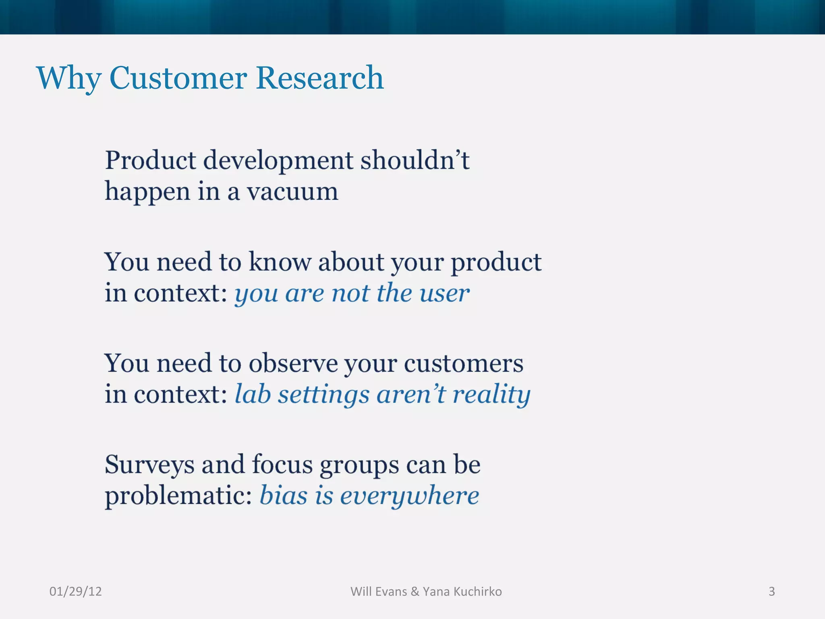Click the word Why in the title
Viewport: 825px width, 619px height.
click(68, 78)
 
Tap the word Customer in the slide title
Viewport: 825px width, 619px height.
click(178, 78)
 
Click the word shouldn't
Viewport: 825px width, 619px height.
click(415, 160)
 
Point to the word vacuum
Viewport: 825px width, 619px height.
click(292, 191)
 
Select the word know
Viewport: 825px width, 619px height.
click(280, 262)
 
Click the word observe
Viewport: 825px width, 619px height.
click(293, 364)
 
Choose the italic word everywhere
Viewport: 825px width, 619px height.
click(409, 496)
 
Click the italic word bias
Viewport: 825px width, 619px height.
click(284, 495)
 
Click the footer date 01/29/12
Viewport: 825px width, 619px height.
click(75, 591)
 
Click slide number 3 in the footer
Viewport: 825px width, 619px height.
click(771, 591)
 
